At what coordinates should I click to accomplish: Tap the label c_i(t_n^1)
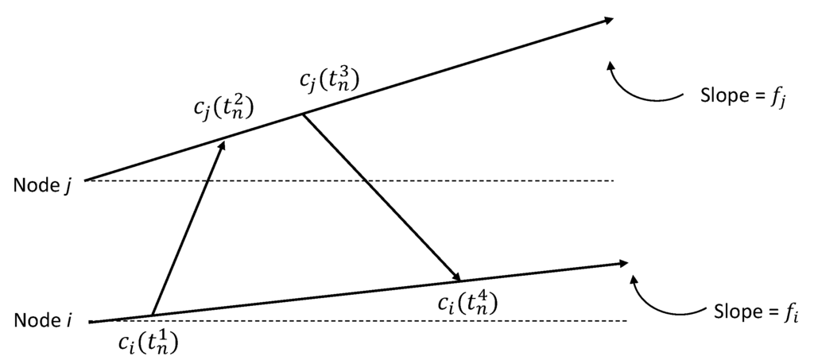(x=149, y=342)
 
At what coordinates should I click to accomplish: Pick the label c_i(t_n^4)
(x=468, y=302)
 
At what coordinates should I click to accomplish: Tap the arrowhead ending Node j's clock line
(x=607, y=21)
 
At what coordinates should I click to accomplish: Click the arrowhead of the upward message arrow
(x=223, y=146)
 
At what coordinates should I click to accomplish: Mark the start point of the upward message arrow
(x=151, y=315)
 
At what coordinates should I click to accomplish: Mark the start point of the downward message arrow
(x=301, y=114)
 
